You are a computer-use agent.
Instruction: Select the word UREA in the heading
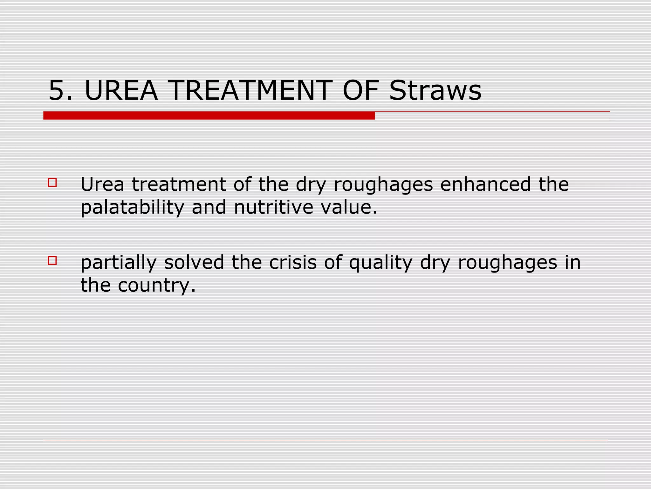[x=121, y=91]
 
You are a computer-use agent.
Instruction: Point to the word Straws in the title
[x=435, y=91]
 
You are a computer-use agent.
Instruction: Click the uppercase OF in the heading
[x=360, y=91]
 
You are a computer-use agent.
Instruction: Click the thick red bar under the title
[x=209, y=116]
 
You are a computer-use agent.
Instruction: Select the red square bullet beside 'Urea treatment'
[x=52, y=182]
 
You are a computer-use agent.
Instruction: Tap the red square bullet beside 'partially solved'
[x=52, y=261]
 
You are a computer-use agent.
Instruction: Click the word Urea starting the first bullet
[x=102, y=184]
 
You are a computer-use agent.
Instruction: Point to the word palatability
[x=132, y=208]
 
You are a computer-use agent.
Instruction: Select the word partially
[x=119, y=263]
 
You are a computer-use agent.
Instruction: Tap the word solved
[x=194, y=262]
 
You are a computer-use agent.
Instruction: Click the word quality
[x=380, y=263]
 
